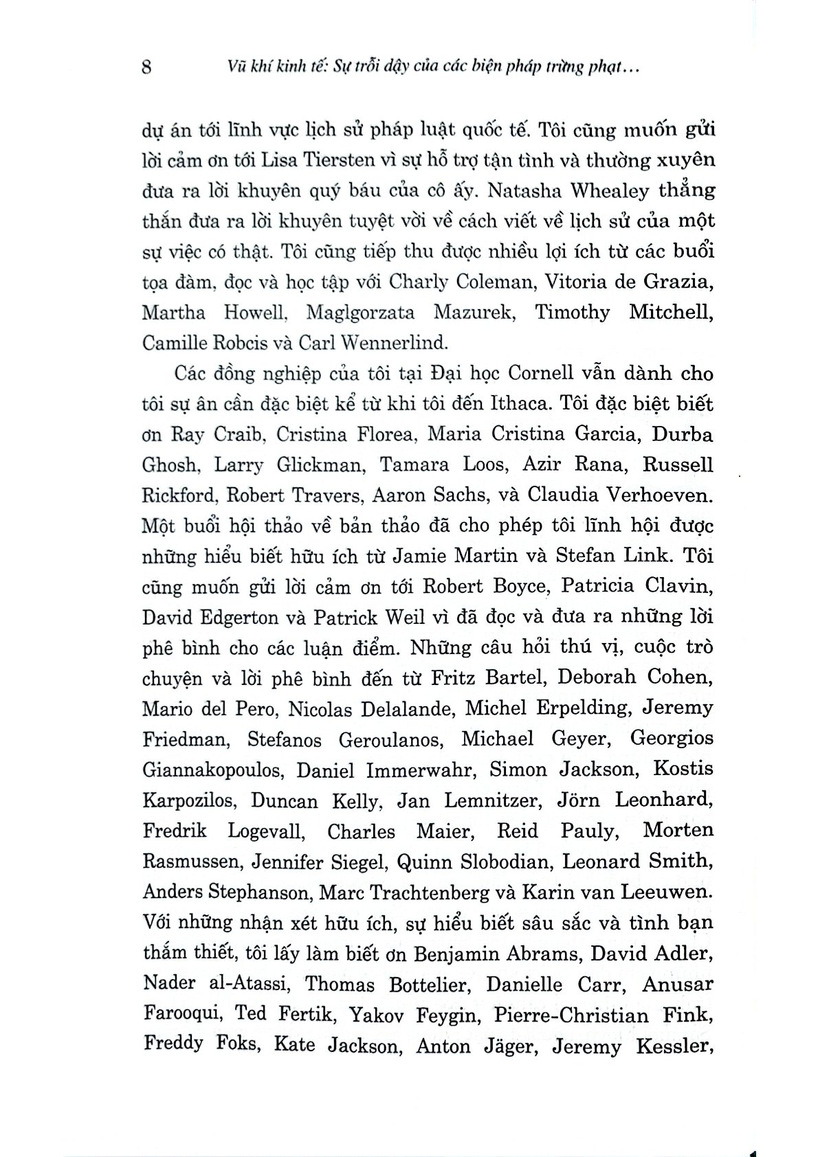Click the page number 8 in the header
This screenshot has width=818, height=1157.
(146, 68)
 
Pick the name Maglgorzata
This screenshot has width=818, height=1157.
(360, 313)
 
